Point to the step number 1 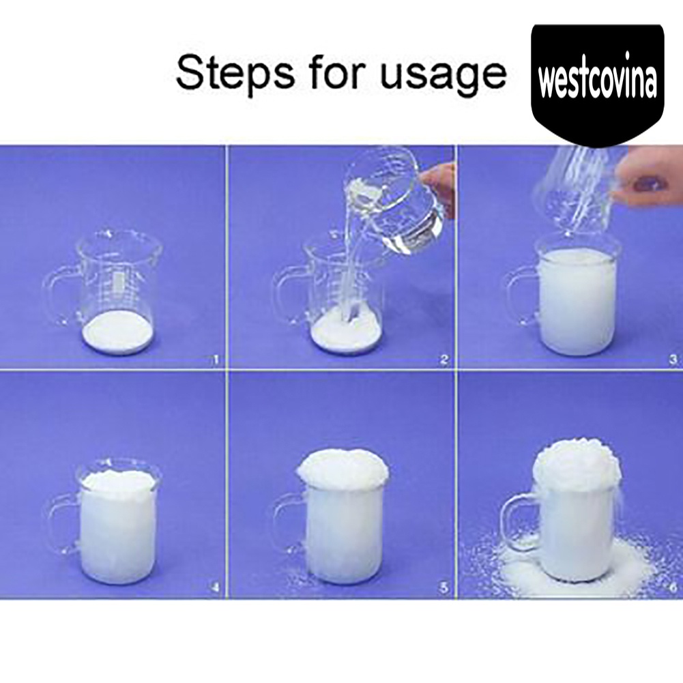[x=216, y=360]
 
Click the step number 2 [x=444, y=360]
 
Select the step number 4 [x=215, y=588]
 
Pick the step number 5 [x=444, y=588]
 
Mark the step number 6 [x=673, y=587]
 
